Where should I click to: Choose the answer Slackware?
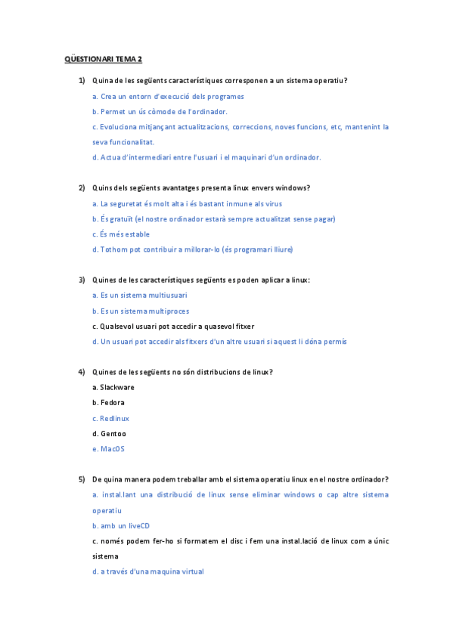click(113, 387)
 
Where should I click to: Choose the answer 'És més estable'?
click(121, 234)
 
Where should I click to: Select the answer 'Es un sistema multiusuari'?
click(140, 296)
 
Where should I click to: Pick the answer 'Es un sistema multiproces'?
click(141, 311)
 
